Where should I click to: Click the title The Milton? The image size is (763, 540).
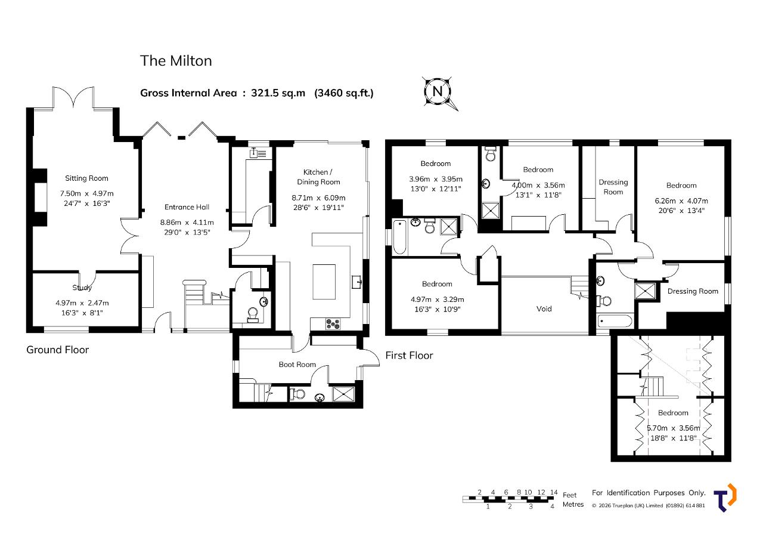pyautogui.click(x=176, y=61)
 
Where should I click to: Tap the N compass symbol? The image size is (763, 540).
pyautogui.click(x=438, y=92)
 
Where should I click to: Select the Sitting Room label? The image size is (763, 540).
pyautogui.click(x=86, y=178)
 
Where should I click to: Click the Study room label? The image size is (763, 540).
pyautogui.click(x=82, y=288)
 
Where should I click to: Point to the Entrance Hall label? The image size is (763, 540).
pyautogui.click(x=187, y=207)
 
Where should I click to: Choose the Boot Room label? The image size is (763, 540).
pyautogui.click(x=297, y=365)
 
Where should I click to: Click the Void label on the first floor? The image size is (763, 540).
pyautogui.click(x=544, y=309)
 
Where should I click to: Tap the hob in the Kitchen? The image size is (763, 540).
pyautogui.click(x=333, y=323)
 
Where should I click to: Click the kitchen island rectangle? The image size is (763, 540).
pyautogui.click(x=324, y=282)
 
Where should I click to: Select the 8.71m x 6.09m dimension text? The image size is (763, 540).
pyautogui.click(x=318, y=198)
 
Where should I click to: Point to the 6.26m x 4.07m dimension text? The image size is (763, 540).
pyautogui.click(x=681, y=201)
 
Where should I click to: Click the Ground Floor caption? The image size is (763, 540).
pyautogui.click(x=58, y=350)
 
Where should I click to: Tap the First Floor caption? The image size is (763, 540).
pyautogui.click(x=409, y=356)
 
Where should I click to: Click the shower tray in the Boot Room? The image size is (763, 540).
pyautogui.click(x=343, y=394)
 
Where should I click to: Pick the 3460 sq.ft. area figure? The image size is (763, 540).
pyautogui.click(x=344, y=93)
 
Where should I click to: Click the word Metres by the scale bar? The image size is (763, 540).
pyautogui.click(x=573, y=504)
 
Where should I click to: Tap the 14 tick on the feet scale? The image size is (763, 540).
pyautogui.click(x=554, y=492)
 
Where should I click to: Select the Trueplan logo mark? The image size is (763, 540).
pyautogui.click(x=725, y=498)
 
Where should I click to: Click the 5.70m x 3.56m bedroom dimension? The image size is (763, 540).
pyautogui.click(x=674, y=428)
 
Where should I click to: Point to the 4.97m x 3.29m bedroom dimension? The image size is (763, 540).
pyautogui.click(x=438, y=300)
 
